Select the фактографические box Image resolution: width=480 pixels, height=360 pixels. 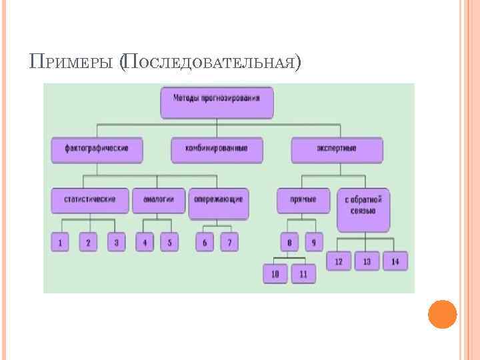[97, 150]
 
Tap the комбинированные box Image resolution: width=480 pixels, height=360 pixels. [217, 150]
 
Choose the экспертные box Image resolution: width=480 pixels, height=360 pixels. [337, 150]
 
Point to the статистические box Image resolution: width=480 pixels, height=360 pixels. [89, 200]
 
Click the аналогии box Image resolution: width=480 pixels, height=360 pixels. [158, 200]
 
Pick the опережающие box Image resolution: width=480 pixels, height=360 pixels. [218, 203]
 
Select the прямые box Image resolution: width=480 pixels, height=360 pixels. [303, 200]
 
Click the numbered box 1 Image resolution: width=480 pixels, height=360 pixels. [60, 243]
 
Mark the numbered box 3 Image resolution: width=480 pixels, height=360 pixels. [116, 243]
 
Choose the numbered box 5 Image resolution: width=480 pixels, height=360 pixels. [169, 243]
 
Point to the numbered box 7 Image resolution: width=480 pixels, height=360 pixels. [229, 243]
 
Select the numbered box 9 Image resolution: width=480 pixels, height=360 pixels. [313, 243]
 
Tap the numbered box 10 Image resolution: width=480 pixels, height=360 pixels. [275, 274]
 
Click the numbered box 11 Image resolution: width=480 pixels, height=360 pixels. [303, 274]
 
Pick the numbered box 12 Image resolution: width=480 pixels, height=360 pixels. [339, 261]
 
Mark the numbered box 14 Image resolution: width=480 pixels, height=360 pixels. [395, 261]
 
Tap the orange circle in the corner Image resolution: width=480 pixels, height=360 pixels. [442, 313]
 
